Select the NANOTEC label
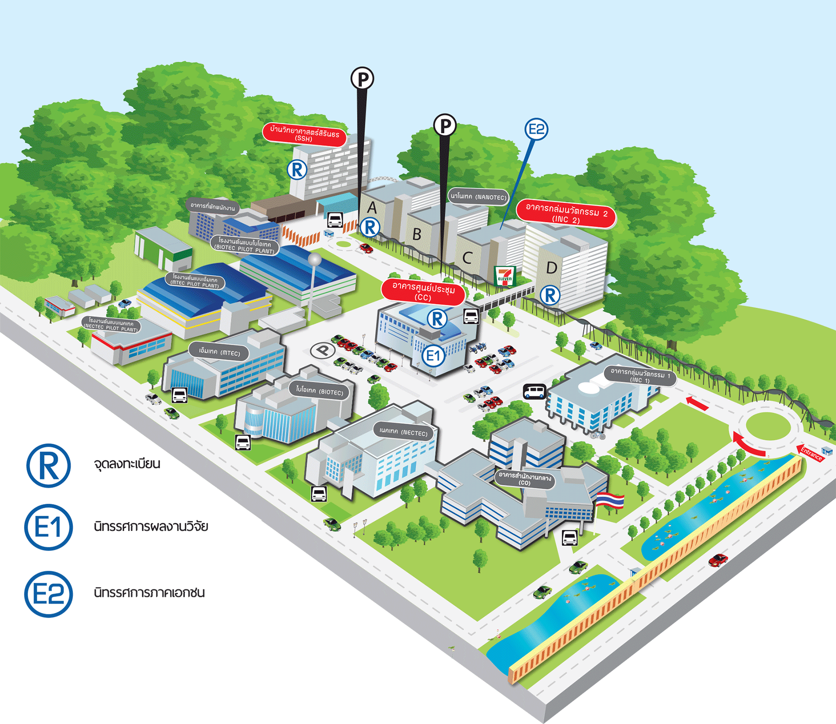[478, 197]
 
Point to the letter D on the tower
[552, 268]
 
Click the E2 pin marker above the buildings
[536, 129]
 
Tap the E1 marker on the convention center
[433, 356]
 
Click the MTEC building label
[219, 352]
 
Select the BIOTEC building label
[320, 391]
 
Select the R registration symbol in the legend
[48, 465]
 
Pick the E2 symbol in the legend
[48, 594]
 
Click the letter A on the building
[372, 207]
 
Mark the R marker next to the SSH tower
[297, 170]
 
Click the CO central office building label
[524, 479]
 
